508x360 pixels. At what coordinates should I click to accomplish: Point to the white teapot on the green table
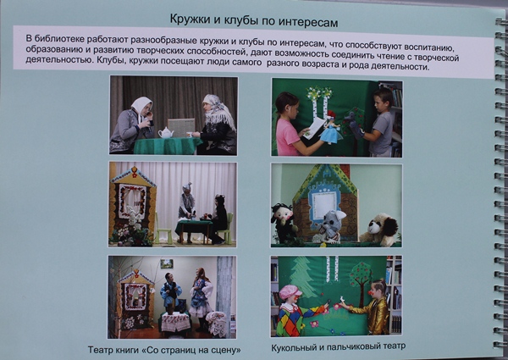point(166,132)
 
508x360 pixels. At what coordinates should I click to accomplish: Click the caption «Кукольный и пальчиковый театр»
point(338,346)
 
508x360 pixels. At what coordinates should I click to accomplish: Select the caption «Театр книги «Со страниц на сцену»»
point(164,350)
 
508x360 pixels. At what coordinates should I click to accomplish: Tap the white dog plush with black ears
point(379,229)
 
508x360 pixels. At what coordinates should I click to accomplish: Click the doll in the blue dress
point(330,129)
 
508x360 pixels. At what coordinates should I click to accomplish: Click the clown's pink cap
point(290,291)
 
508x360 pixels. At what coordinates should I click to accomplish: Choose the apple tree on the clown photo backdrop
point(361,280)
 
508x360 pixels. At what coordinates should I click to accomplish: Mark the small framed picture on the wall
point(167,263)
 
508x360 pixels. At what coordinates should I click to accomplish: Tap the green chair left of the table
point(163,229)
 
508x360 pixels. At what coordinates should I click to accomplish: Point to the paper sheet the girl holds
point(313,128)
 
